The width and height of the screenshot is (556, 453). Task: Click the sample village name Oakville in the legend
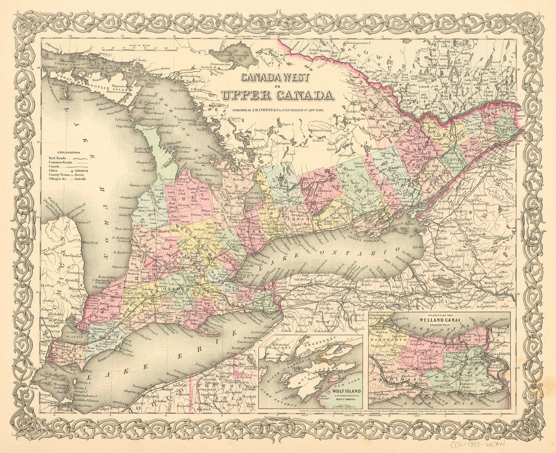click(x=80, y=179)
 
